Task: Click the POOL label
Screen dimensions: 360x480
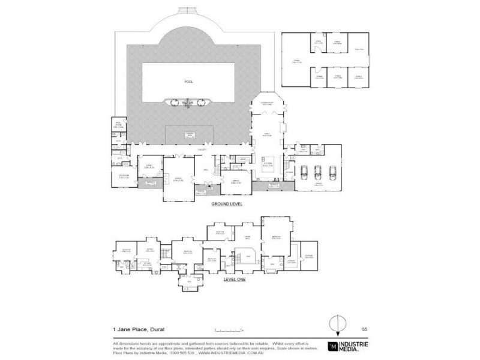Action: [x=189, y=82]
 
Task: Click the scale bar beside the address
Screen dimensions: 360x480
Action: [x=227, y=329]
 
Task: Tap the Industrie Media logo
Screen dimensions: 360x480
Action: [x=349, y=347]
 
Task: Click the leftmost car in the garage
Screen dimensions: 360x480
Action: [x=304, y=172]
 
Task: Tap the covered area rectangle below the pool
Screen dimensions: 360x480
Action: [x=188, y=135]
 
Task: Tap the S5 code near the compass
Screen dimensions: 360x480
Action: [x=364, y=329]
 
